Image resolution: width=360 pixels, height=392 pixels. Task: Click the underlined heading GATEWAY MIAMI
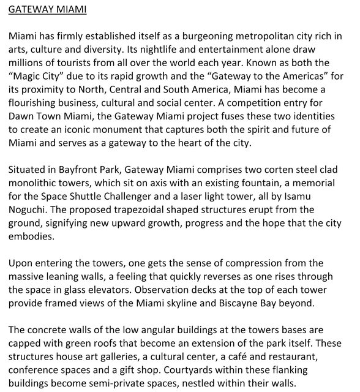click(48, 10)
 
